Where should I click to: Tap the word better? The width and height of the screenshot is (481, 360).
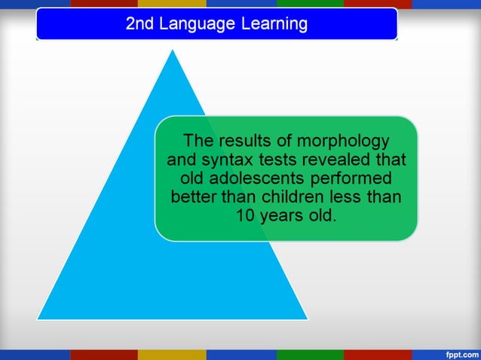tap(195, 198)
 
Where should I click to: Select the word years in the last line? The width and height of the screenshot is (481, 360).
tap(281, 217)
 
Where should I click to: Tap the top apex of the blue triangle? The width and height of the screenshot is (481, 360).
tap(173, 50)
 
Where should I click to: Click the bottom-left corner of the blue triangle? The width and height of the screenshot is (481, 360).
tap(38, 319)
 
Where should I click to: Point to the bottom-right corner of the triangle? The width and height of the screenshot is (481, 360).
tap(307, 319)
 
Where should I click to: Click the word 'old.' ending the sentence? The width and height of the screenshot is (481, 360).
tap(322, 217)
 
